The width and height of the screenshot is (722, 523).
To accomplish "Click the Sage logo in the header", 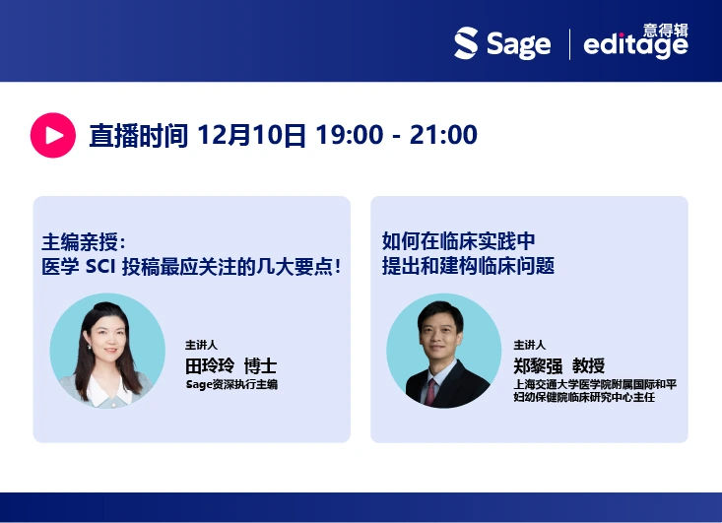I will [x=501, y=44].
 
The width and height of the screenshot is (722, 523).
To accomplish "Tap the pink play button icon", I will [x=52, y=135].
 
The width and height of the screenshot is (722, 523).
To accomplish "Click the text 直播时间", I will [x=138, y=135].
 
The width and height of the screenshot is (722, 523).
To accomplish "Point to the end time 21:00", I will [x=443, y=135].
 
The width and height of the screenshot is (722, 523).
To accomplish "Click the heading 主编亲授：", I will [x=85, y=242].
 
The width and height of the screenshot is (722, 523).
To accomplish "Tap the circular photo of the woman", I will [x=107, y=351].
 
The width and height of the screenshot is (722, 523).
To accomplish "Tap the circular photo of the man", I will [x=443, y=351].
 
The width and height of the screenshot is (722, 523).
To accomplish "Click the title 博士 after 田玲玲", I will [x=260, y=365].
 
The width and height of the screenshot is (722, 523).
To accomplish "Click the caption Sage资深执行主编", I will [x=231, y=384].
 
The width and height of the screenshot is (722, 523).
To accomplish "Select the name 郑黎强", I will [x=545, y=364].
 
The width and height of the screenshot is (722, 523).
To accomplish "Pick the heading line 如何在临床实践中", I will [x=458, y=241].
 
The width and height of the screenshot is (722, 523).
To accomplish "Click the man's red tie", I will [x=430, y=391].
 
